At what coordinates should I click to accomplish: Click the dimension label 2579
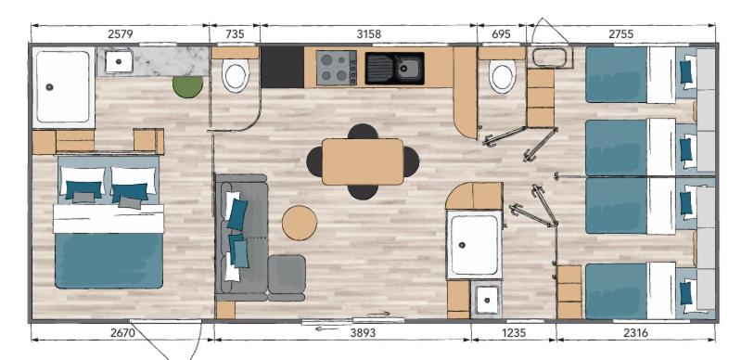click(120, 34)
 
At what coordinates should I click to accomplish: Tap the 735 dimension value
click(236, 34)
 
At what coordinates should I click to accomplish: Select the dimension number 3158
click(368, 34)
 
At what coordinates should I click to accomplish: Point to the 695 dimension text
click(502, 34)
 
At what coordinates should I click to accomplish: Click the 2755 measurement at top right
click(621, 34)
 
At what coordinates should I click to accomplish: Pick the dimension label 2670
click(122, 333)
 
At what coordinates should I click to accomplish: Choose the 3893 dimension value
click(363, 333)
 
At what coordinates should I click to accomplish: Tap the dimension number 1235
click(513, 333)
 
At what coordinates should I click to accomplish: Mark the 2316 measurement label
click(635, 333)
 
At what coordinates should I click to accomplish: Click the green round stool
click(187, 86)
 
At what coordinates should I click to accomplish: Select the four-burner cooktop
click(336, 68)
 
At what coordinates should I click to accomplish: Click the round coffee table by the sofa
click(300, 223)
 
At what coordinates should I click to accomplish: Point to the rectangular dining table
click(363, 161)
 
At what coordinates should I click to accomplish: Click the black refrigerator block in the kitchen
click(282, 67)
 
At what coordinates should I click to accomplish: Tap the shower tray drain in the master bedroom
click(49, 86)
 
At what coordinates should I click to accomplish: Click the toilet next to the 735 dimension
click(236, 76)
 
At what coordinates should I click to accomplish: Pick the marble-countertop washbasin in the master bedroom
click(119, 62)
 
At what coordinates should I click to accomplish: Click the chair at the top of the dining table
click(363, 131)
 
